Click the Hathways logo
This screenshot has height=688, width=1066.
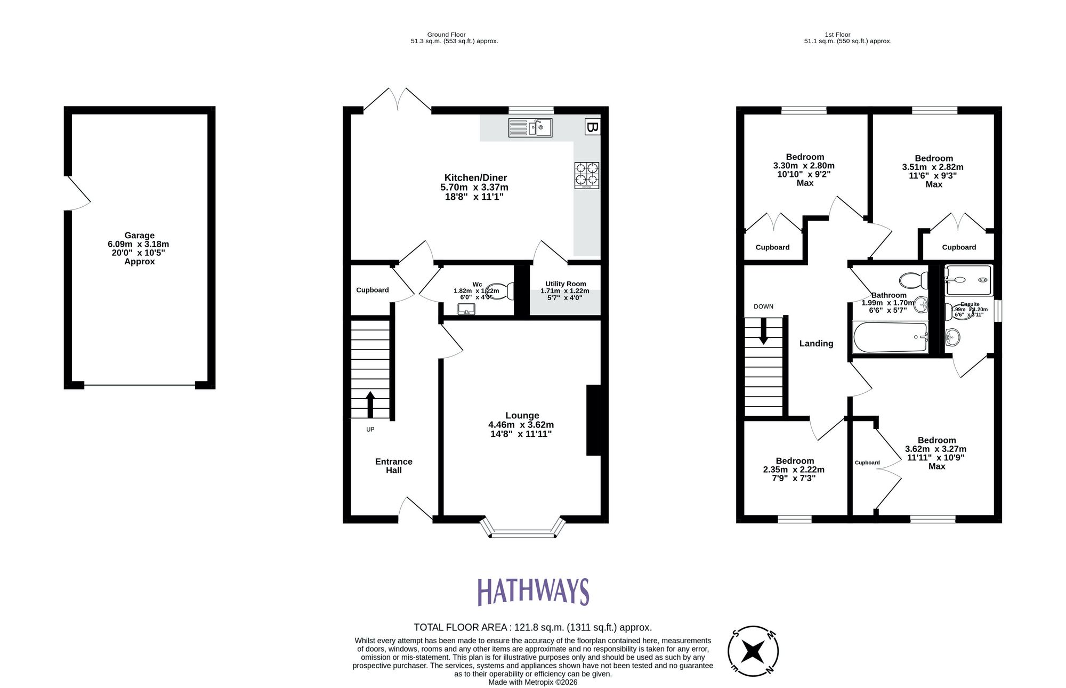[533, 592]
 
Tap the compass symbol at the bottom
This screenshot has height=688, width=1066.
[753, 651]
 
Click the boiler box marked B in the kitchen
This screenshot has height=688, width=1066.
[592, 127]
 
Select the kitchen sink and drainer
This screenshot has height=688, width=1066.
[530, 128]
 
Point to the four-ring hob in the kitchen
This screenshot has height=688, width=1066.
[586, 175]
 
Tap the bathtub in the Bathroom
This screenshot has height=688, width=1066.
[890, 337]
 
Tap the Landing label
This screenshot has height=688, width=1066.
[816, 344]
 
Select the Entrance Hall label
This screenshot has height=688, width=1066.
[393, 466]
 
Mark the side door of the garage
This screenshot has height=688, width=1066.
[77, 193]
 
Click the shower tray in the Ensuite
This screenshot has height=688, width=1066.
[968, 280]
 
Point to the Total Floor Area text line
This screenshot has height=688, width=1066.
[532, 627]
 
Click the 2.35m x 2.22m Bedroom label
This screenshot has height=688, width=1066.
[794, 469]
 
